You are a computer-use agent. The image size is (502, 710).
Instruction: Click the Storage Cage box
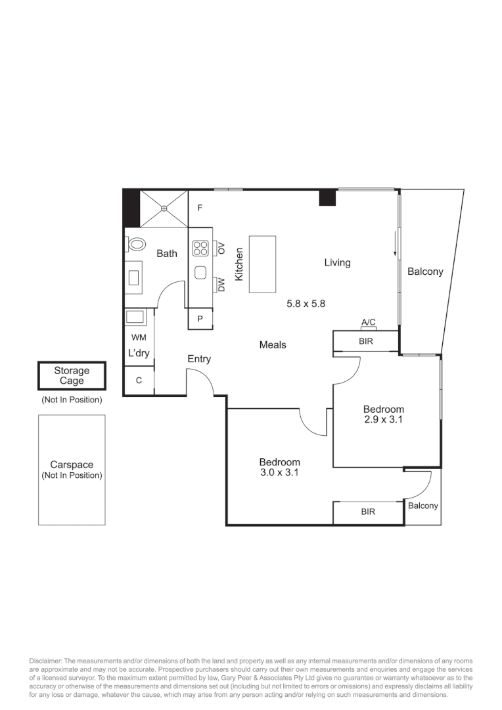[x=72, y=377]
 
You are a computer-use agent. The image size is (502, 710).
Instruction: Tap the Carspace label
[x=72, y=464]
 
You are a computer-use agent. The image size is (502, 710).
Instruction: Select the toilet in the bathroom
[x=137, y=244]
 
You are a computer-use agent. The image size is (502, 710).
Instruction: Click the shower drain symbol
[x=164, y=208]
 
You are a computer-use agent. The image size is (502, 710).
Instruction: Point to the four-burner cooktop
[x=200, y=248]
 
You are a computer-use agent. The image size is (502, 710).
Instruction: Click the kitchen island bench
[x=263, y=264]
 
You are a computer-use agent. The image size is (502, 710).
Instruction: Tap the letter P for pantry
[x=200, y=318]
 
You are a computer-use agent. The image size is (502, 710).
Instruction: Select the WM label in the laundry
[x=139, y=337]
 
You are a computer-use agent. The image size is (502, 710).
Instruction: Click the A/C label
[x=368, y=322]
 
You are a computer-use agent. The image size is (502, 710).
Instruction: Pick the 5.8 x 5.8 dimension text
[x=306, y=304]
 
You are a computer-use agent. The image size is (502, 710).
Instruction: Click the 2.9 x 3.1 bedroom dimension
[x=383, y=419]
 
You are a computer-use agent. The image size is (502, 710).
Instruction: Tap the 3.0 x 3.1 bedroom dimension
[x=279, y=471]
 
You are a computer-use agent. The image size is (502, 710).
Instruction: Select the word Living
[x=337, y=262]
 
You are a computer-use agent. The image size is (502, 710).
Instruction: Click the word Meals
[x=273, y=344]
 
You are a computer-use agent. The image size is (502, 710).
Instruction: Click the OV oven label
[x=221, y=248]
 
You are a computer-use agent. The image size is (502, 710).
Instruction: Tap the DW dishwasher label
[x=221, y=285]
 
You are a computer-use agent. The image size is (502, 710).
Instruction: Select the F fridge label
[x=200, y=208]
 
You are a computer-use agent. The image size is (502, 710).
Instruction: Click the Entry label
[x=199, y=359]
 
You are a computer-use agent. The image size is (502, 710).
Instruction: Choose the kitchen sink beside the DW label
[x=200, y=272]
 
